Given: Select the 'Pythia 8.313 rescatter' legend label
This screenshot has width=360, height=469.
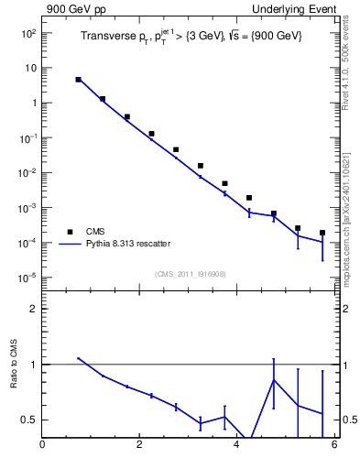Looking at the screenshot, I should pos(127,244).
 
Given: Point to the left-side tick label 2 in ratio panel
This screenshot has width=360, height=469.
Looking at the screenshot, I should pos(34,309).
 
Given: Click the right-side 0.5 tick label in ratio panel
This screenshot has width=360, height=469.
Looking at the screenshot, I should pos(348,420).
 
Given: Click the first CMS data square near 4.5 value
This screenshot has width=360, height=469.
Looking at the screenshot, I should pos(79,80).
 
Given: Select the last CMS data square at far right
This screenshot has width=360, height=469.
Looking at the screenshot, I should pos(322,233).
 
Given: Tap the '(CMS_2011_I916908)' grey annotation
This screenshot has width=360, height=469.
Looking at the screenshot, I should pos(189,274).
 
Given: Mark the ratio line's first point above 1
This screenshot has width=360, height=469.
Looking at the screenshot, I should pos(79,358).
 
